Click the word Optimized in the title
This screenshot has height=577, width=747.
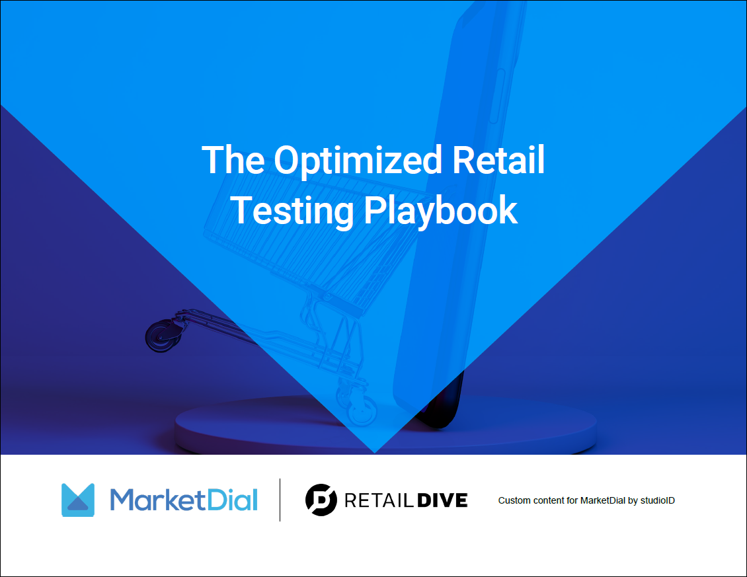click(358, 161)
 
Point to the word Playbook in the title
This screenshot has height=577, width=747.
click(441, 210)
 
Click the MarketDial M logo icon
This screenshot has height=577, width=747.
click(78, 500)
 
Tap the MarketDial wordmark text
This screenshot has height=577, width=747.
click(184, 500)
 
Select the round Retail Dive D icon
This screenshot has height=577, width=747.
click(321, 500)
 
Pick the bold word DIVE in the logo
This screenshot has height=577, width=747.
click(442, 500)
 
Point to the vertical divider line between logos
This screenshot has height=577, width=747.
click(280, 500)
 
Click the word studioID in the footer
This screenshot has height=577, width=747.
click(657, 500)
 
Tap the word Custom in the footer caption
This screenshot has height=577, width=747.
click(513, 500)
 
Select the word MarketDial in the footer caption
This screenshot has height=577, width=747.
click(602, 500)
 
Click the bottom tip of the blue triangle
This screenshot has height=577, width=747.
click(375, 452)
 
